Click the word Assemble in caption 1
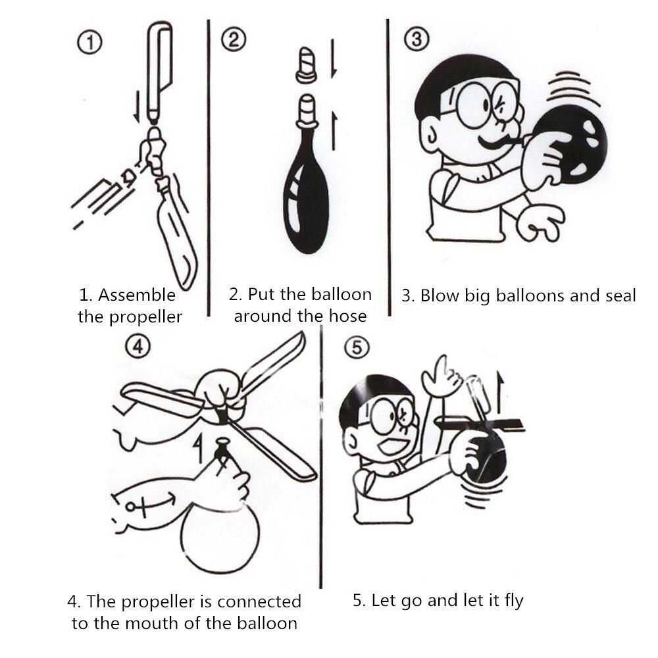pos(137,294)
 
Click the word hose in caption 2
pos(348,316)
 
